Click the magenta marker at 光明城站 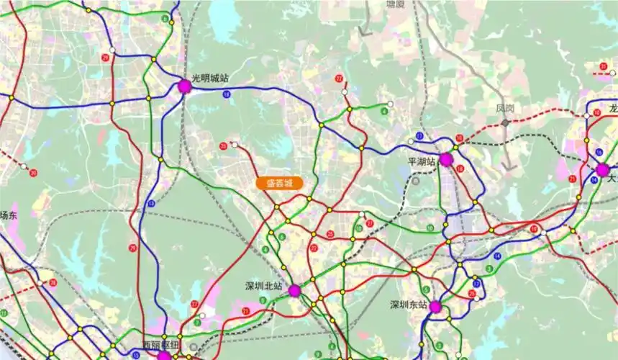click(184, 86)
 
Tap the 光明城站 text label click(210, 78)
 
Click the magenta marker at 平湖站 click(446, 160)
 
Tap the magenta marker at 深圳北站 click(294, 291)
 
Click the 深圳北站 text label click(263, 286)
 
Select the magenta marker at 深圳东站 click(435, 307)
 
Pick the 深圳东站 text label click(408, 304)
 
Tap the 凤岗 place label click(505, 108)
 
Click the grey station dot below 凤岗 click(506, 122)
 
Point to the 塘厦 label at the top click(395, 4)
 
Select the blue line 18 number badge click(227, 94)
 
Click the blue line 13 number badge click(151, 204)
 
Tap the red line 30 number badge click(34, 173)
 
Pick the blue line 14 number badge click(497, 256)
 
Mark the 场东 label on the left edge click(8, 215)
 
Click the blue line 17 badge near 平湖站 click(419, 136)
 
